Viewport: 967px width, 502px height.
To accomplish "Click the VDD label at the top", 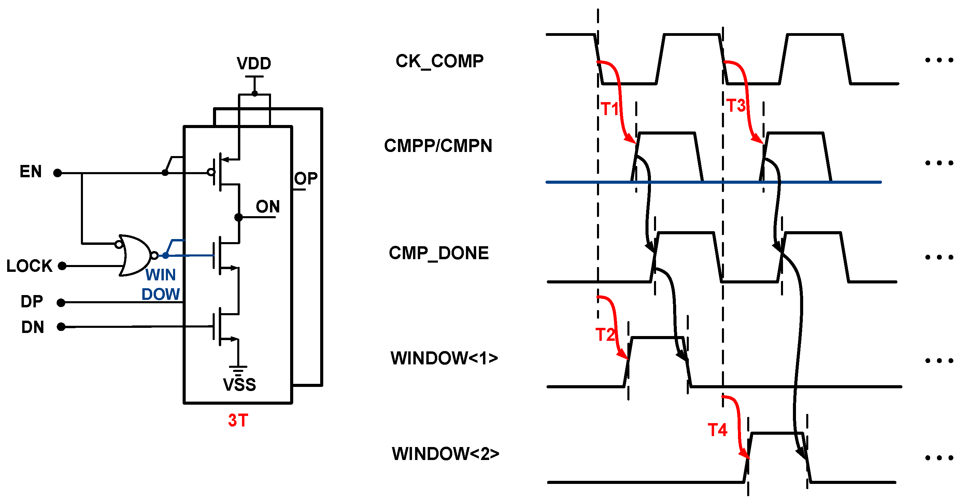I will [254, 64].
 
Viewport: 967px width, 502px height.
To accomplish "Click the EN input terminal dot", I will [57, 173].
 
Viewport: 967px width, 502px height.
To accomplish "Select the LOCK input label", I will [29, 266].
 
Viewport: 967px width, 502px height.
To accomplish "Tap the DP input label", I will [32, 302].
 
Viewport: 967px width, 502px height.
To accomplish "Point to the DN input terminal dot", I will [61, 327].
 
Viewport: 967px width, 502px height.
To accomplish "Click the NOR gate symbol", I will [134, 255].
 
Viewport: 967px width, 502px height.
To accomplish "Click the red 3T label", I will [238, 420].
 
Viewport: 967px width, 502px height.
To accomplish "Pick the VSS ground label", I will [240, 385].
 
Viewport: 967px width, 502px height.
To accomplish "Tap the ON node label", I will [268, 207].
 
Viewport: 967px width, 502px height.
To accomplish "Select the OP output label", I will [306, 179].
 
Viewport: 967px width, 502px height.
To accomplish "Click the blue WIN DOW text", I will [161, 284].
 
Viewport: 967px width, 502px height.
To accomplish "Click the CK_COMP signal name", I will [440, 61].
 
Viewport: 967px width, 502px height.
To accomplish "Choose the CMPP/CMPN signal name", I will [438, 146].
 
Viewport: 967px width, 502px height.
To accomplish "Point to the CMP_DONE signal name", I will [439, 253].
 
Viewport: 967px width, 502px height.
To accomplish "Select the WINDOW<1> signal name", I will [444, 358].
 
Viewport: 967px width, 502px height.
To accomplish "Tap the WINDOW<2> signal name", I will [445, 454].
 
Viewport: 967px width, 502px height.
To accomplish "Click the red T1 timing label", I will [610, 109].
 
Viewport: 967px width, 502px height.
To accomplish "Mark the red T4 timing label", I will [717, 430].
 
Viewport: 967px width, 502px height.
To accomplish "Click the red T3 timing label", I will [736, 106].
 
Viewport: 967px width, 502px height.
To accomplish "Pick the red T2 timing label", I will [605, 335].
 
